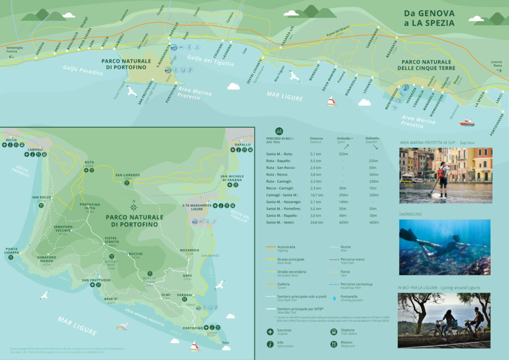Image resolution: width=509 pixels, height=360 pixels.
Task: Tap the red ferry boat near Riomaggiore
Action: click(467, 121)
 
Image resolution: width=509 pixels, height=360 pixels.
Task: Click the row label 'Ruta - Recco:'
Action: click(278, 175)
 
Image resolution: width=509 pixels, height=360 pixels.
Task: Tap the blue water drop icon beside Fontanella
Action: click(334, 298)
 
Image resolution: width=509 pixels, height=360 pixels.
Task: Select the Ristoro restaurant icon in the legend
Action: click(334, 344)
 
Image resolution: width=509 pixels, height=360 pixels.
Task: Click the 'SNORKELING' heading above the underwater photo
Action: click(410, 214)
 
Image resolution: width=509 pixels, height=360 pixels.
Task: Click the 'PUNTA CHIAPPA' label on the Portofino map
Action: click(12, 251)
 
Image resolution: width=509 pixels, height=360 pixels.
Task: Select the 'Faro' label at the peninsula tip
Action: click(226, 343)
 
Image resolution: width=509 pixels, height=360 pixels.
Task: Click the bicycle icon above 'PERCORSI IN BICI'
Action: click(279, 131)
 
